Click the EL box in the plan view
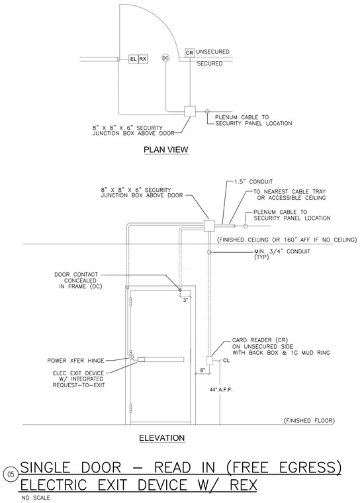[133, 59]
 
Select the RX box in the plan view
[143, 59]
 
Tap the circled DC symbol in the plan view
[165, 58]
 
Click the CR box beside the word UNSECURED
[190, 52]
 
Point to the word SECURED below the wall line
[210, 64]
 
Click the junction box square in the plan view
[190, 112]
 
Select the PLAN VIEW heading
[166, 150]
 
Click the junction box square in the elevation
[210, 226]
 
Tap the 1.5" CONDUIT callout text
[253, 181]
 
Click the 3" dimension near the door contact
[185, 300]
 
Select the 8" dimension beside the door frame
[202, 370]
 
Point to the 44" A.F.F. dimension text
[221, 390]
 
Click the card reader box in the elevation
[209, 361]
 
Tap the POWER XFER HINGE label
[75, 361]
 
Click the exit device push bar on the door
[160, 359]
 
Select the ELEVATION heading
[161, 438]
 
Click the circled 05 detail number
[11, 474]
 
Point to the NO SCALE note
[36, 498]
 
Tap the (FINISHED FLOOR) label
[309, 420]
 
